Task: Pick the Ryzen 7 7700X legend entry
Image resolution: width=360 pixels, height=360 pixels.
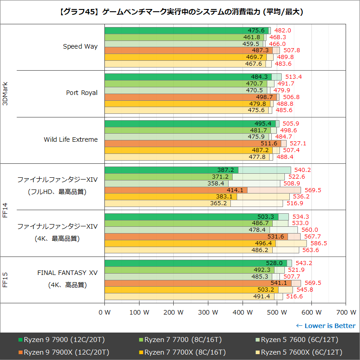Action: (183, 352)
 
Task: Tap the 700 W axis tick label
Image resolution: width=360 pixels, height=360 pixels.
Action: (345, 312)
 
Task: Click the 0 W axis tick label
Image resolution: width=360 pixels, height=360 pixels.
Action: (104, 312)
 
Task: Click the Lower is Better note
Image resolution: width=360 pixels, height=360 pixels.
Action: (325, 326)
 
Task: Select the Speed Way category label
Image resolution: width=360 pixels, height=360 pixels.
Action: (80, 46)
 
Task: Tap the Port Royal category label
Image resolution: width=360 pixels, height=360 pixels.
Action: (81, 93)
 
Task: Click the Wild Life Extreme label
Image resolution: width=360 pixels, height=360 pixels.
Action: (71, 139)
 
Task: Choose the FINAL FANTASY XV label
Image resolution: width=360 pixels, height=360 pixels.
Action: (67, 273)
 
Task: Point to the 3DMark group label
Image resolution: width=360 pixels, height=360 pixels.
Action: (5, 93)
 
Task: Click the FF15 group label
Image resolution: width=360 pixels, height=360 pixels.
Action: (5, 279)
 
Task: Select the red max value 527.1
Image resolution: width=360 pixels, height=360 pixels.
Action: (297, 144)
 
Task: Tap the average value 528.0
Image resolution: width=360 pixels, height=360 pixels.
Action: (274, 263)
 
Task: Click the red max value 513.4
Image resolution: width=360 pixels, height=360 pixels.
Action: (293, 77)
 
